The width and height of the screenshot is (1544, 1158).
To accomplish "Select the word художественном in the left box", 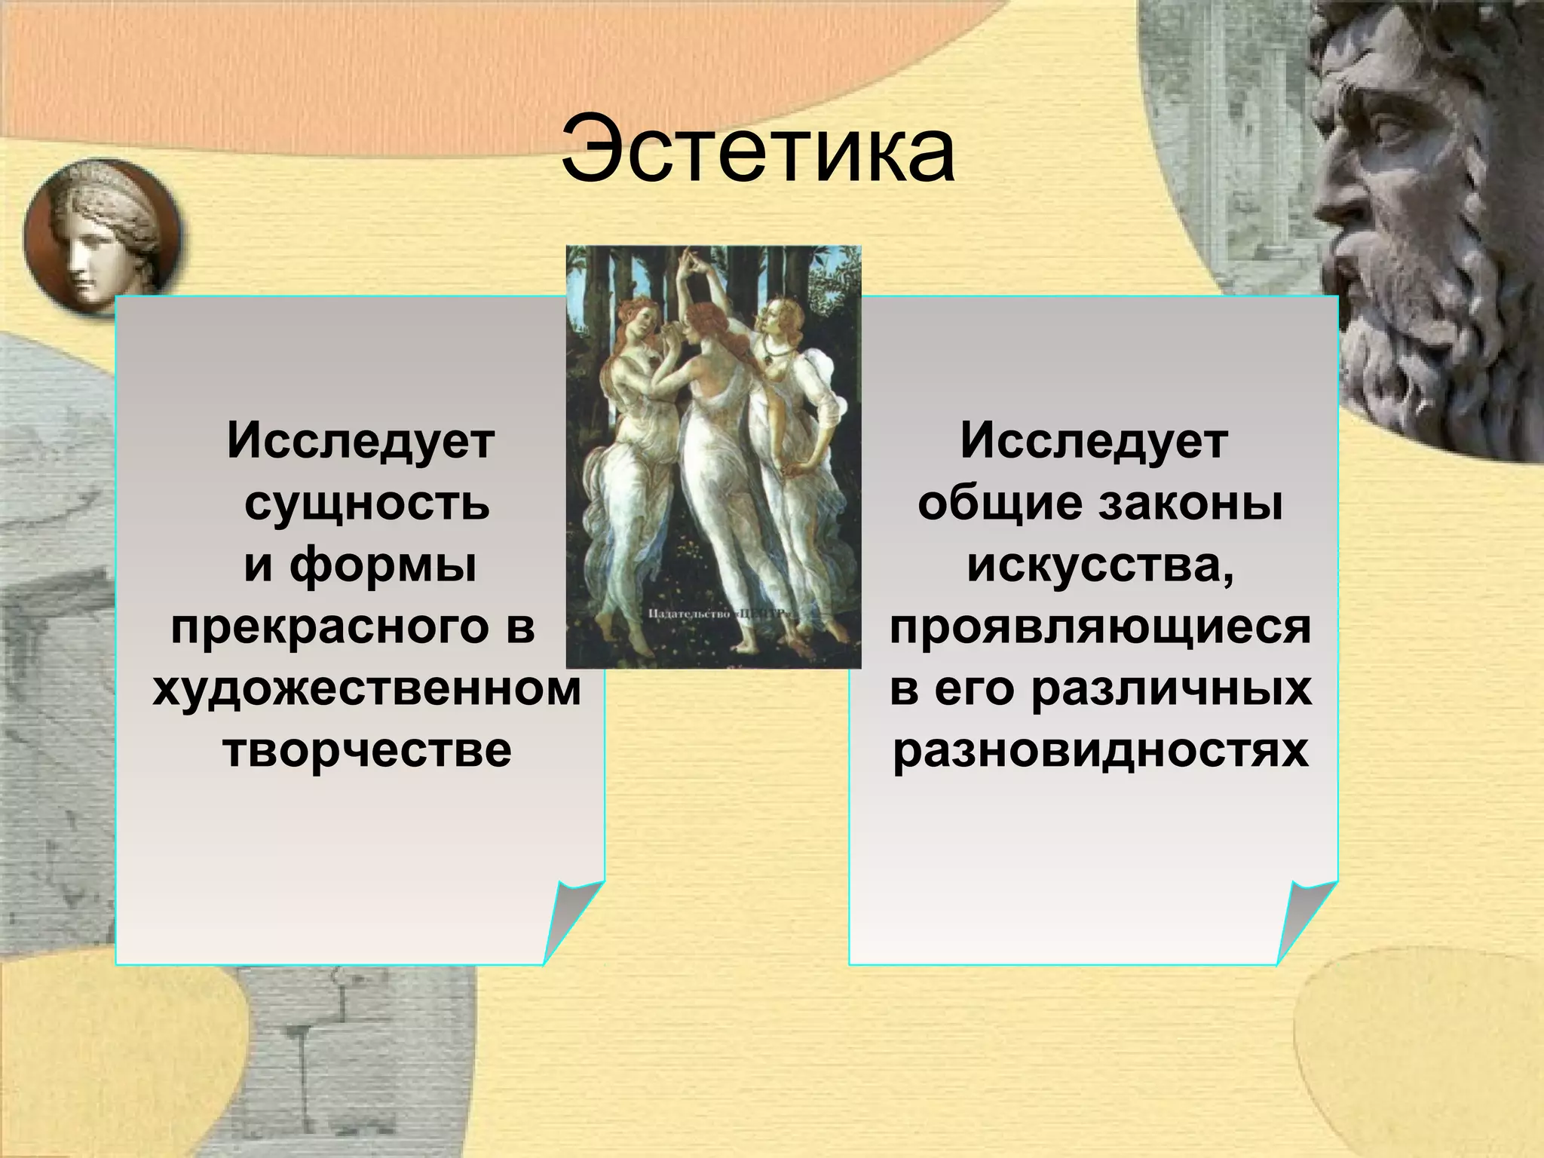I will (367, 688).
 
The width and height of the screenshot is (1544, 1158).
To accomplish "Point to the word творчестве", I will (367, 750).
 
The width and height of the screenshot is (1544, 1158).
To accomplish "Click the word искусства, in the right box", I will (1100, 565).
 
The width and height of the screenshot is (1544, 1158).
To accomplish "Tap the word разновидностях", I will (1100, 750).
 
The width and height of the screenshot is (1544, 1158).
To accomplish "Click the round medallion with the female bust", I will (102, 237).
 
